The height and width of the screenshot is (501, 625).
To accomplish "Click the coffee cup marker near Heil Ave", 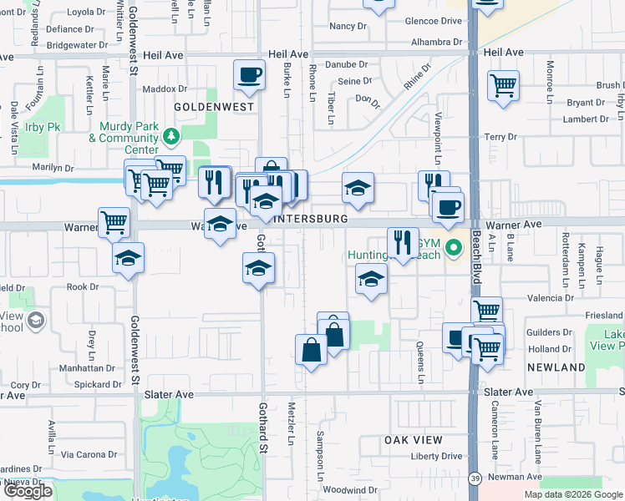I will pos(249,75).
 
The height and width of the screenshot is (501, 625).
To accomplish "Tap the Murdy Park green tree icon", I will pos(172,134).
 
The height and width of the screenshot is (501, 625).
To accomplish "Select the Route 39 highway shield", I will pos(474,477).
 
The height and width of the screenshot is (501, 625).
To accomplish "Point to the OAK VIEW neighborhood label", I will pos(412,439).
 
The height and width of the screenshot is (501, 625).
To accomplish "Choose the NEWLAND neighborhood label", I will pos(556,367).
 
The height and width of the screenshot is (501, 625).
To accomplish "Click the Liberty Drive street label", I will pos(436,456).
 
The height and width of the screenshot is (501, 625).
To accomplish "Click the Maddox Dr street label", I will pos(165,89).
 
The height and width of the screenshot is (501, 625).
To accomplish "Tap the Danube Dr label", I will pos(347,64).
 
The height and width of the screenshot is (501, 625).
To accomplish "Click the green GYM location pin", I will pos(454,247).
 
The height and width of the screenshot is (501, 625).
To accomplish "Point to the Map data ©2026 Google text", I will pos(572,494).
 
